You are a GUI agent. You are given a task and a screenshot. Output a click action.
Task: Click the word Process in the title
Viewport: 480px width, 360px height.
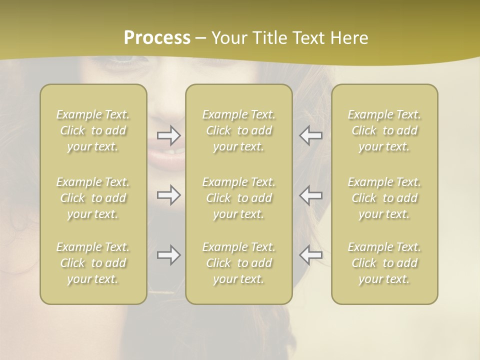(x=157, y=38)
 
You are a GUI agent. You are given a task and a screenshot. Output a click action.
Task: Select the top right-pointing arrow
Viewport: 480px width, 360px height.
(x=169, y=135)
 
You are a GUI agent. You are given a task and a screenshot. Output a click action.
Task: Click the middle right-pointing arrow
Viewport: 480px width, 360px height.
(x=169, y=195)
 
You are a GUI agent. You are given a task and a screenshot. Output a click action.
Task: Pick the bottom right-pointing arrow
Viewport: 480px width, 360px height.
(x=169, y=255)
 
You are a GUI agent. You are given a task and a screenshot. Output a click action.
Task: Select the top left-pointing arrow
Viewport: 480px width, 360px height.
(x=311, y=135)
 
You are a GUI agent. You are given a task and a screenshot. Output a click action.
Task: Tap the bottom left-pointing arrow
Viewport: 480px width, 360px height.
(x=311, y=255)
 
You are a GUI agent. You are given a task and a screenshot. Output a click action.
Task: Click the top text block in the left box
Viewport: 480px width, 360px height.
(x=93, y=130)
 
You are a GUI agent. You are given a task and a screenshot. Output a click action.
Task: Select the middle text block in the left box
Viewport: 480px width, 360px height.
(x=93, y=198)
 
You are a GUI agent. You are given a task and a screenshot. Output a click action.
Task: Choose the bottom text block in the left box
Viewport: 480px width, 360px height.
(x=93, y=263)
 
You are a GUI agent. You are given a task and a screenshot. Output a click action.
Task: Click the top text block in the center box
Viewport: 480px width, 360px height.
(x=239, y=130)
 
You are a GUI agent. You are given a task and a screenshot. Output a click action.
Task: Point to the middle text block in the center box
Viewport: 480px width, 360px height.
(x=239, y=198)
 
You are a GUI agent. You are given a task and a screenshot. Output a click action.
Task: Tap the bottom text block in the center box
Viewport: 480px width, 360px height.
(x=239, y=263)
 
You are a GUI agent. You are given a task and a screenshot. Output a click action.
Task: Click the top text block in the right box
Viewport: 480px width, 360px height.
(x=384, y=130)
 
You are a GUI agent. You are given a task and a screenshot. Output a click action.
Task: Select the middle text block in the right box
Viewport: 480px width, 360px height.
(x=384, y=198)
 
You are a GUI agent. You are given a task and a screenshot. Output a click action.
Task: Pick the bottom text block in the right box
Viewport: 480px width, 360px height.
(x=384, y=263)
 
